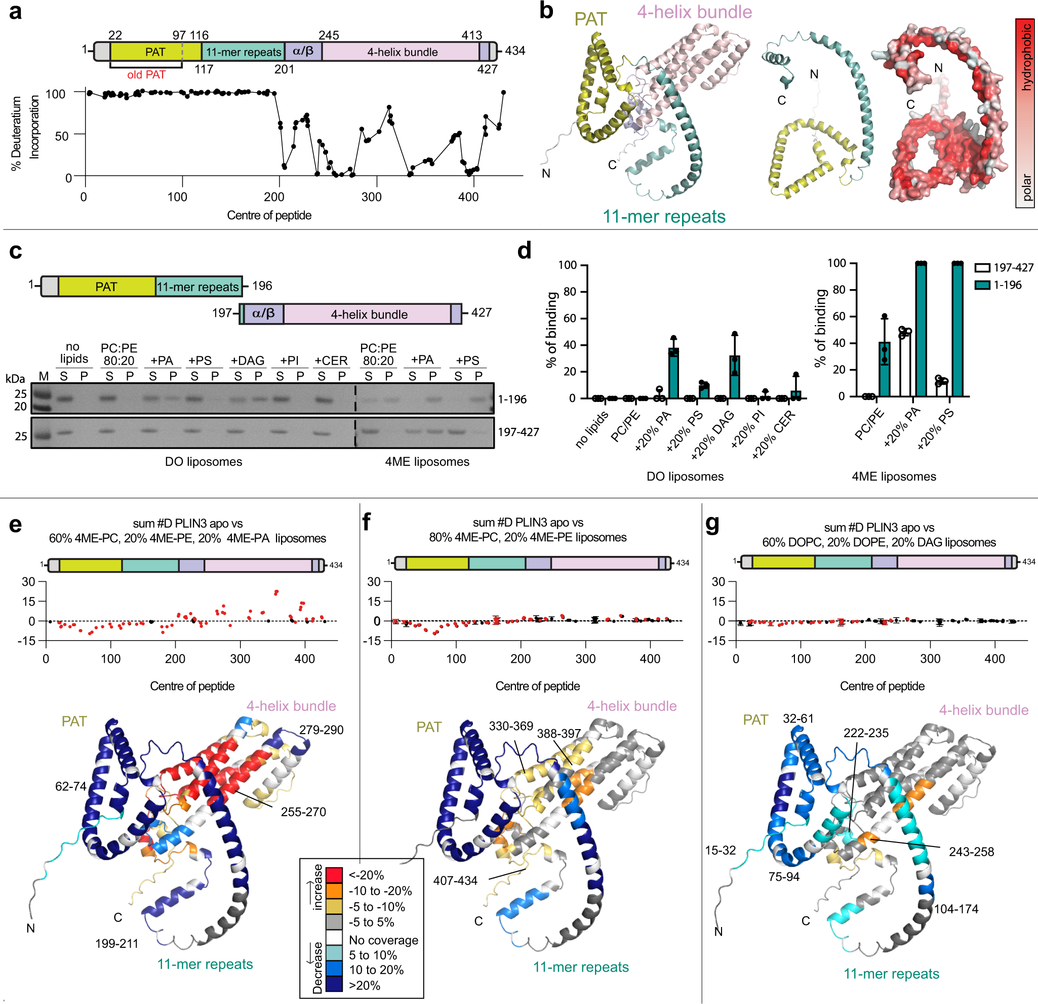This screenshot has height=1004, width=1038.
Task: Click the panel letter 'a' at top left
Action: point(15,12)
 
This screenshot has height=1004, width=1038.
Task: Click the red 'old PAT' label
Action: point(146,74)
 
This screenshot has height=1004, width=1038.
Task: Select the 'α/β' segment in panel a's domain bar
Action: point(303,51)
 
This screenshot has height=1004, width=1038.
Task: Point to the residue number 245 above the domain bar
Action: point(328,35)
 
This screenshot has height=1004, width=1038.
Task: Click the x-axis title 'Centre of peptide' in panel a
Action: point(269,215)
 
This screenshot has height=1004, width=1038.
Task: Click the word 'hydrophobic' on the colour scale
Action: point(1026,57)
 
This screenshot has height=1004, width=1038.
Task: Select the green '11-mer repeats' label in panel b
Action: point(664,217)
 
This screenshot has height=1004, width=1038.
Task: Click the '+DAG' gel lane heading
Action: point(247,360)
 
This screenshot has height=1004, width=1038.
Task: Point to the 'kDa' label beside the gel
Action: point(15,378)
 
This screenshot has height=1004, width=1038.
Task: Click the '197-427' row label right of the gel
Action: point(518,432)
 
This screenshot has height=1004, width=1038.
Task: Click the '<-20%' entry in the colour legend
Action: point(366,875)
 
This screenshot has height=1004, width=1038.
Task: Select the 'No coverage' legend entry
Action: point(383,940)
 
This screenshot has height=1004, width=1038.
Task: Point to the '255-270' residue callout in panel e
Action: point(303,812)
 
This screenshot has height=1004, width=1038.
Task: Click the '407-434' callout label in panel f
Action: point(455,880)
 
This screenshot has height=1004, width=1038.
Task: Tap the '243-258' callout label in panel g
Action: point(971,852)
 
